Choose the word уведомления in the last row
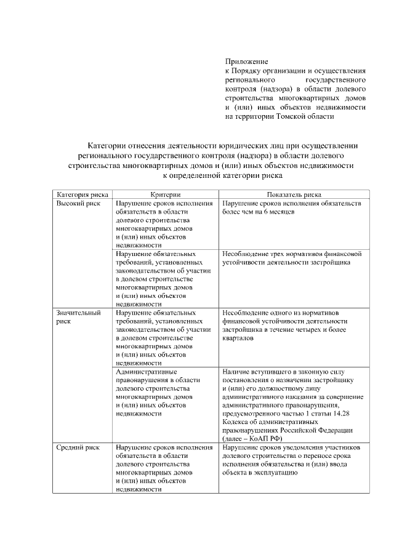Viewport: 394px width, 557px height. coord(292,447)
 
